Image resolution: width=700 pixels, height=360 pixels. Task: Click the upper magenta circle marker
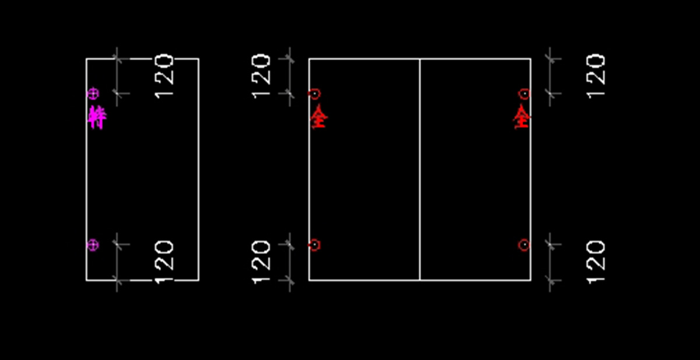(93, 93)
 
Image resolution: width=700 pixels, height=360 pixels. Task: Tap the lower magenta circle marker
(93, 245)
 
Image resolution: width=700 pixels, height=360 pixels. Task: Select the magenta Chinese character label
(97, 117)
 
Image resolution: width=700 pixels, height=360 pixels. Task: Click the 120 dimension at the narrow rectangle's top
(164, 76)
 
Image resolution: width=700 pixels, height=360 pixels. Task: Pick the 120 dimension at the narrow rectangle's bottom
(164, 263)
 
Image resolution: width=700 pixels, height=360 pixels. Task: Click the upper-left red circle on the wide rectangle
(314, 93)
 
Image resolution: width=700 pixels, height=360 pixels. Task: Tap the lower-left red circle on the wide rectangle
(314, 245)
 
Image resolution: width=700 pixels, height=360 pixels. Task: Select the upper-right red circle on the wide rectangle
(524, 93)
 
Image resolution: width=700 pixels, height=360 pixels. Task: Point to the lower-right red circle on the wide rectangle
(524, 245)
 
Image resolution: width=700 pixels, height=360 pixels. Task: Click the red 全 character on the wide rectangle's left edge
(318, 117)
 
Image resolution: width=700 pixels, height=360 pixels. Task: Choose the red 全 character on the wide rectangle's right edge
(521, 117)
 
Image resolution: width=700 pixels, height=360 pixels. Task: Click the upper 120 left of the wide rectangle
(261, 76)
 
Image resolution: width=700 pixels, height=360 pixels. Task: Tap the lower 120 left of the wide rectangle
(261, 263)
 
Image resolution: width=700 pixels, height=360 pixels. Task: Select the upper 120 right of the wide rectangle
(596, 76)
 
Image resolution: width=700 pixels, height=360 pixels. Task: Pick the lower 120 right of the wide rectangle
(596, 263)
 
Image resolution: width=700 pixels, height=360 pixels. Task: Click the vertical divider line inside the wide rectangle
(420, 169)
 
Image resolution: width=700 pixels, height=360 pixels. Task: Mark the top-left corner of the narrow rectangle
(86, 59)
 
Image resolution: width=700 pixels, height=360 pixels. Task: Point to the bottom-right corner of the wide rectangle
(530, 280)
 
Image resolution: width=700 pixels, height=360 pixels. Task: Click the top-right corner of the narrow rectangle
(198, 59)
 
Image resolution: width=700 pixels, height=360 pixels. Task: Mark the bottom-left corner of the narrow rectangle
(86, 280)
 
